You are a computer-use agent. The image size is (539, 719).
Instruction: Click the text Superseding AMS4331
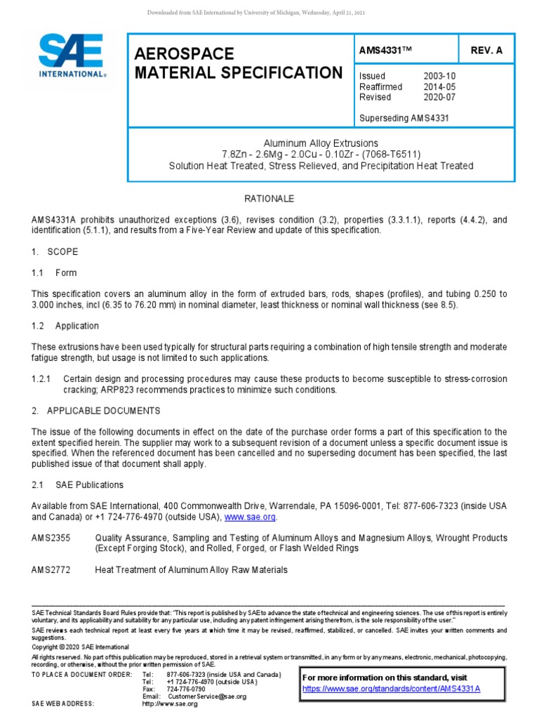point(404,118)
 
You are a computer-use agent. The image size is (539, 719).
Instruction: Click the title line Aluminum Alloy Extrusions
point(320,143)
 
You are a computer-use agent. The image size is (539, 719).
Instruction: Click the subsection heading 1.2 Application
point(65,326)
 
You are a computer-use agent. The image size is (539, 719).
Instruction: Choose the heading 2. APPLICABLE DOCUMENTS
point(96,410)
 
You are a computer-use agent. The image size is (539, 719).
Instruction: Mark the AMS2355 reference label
point(50,538)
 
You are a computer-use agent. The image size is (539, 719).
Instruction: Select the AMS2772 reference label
point(50,570)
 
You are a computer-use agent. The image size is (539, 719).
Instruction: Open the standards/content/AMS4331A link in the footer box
point(391,689)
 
